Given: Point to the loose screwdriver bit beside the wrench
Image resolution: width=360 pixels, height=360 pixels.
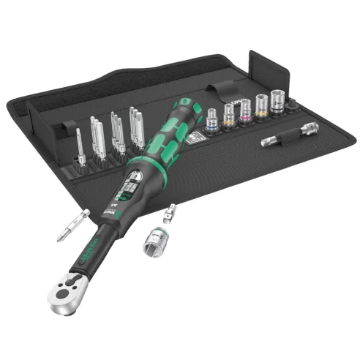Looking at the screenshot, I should pos(73,225).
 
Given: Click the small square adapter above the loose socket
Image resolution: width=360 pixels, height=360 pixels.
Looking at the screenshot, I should pos(173,215).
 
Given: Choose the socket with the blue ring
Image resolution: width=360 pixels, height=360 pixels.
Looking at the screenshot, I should pos(211,118).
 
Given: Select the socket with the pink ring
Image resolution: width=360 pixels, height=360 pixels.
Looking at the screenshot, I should pos(245,110).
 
